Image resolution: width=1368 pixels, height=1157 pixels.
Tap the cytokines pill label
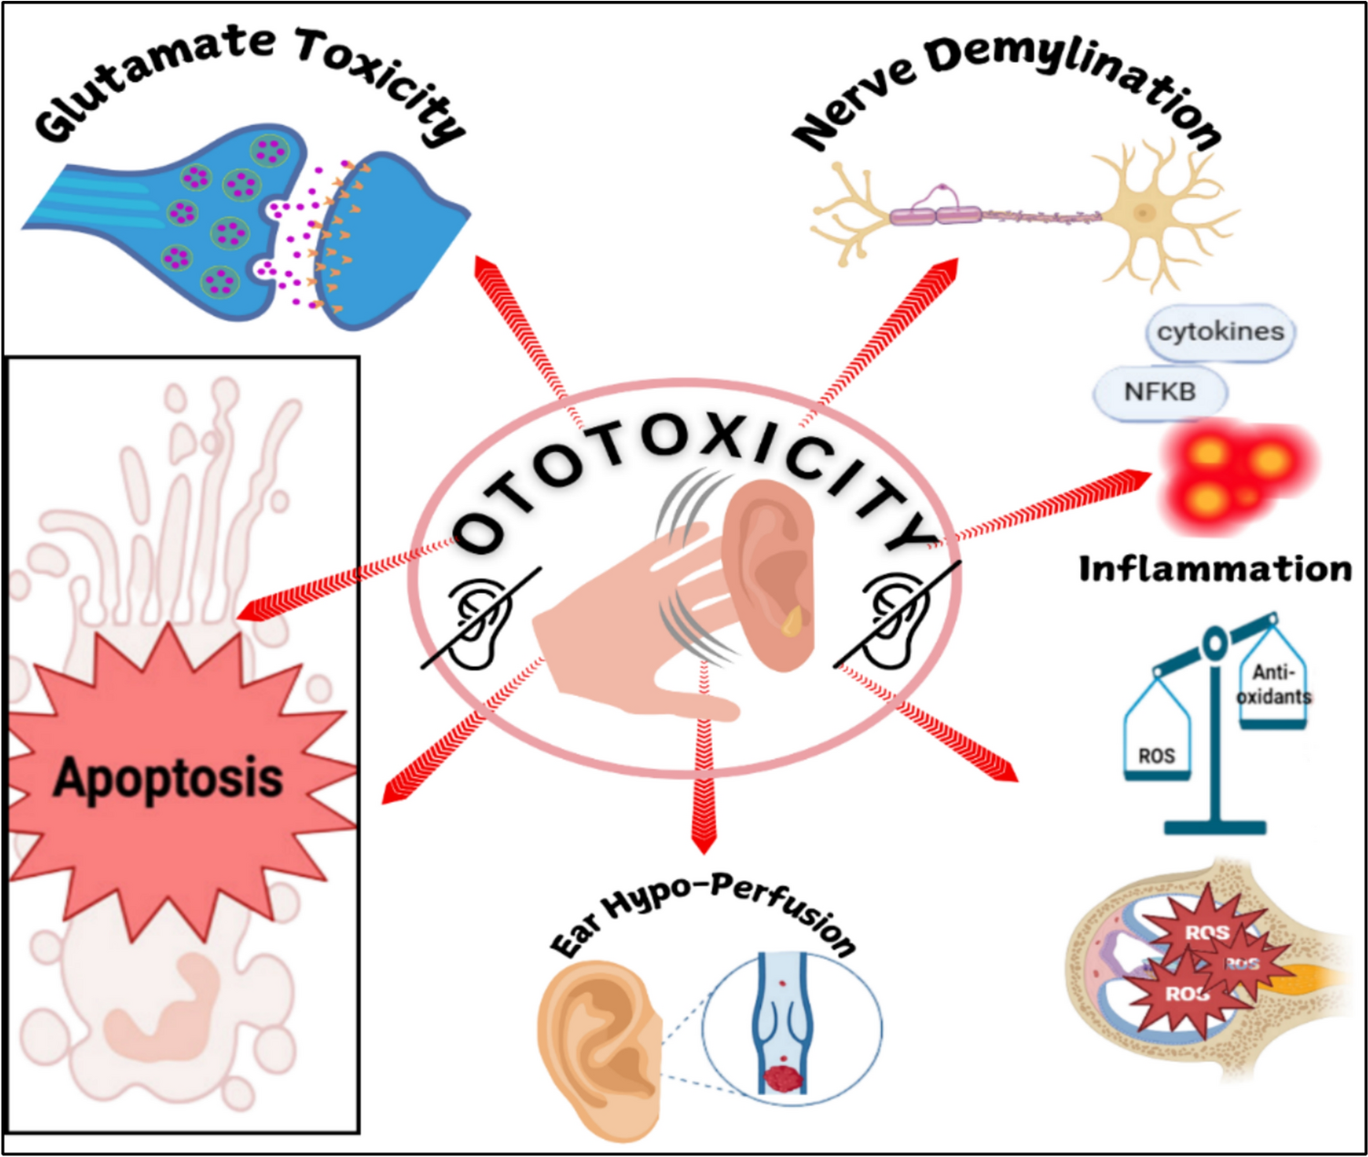(1220, 332)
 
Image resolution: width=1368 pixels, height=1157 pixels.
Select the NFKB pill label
(1159, 392)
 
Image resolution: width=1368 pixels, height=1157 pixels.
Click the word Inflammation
(1215, 568)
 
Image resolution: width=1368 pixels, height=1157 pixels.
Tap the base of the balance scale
(1215, 827)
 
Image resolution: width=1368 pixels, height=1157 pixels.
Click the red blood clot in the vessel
(782, 1080)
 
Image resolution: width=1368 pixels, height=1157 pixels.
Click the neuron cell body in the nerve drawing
(1145, 213)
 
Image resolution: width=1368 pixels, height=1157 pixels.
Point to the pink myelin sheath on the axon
(934, 216)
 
